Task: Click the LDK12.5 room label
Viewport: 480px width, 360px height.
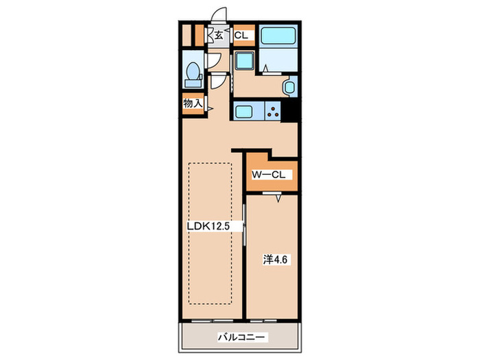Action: pyautogui.click(x=208, y=226)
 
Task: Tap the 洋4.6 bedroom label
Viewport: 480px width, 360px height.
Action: pyautogui.click(x=275, y=260)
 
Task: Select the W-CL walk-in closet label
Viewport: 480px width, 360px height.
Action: pyautogui.click(x=269, y=175)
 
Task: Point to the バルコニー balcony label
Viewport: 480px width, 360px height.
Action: pyautogui.click(x=241, y=337)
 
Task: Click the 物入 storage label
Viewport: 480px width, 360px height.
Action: pyautogui.click(x=193, y=104)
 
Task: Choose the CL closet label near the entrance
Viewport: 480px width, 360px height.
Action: pyautogui.click(x=241, y=36)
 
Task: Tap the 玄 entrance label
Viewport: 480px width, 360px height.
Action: pyautogui.click(x=218, y=35)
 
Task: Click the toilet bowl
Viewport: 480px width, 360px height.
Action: pyautogui.click(x=193, y=71)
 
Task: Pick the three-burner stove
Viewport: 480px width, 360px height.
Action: pyautogui.click(x=273, y=111)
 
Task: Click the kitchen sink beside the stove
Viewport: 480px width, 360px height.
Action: pyautogui.click(x=243, y=111)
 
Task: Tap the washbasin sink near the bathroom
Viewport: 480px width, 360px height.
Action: pyautogui.click(x=289, y=87)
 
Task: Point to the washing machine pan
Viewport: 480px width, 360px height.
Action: pyautogui.click(x=244, y=60)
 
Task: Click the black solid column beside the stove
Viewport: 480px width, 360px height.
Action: pyautogui.click(x=289, y=111)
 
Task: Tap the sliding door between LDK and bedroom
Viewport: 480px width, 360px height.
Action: pyautogui.click(x=244, y=225)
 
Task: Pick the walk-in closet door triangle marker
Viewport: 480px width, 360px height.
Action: pyautogui.click(x=278, y=199)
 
